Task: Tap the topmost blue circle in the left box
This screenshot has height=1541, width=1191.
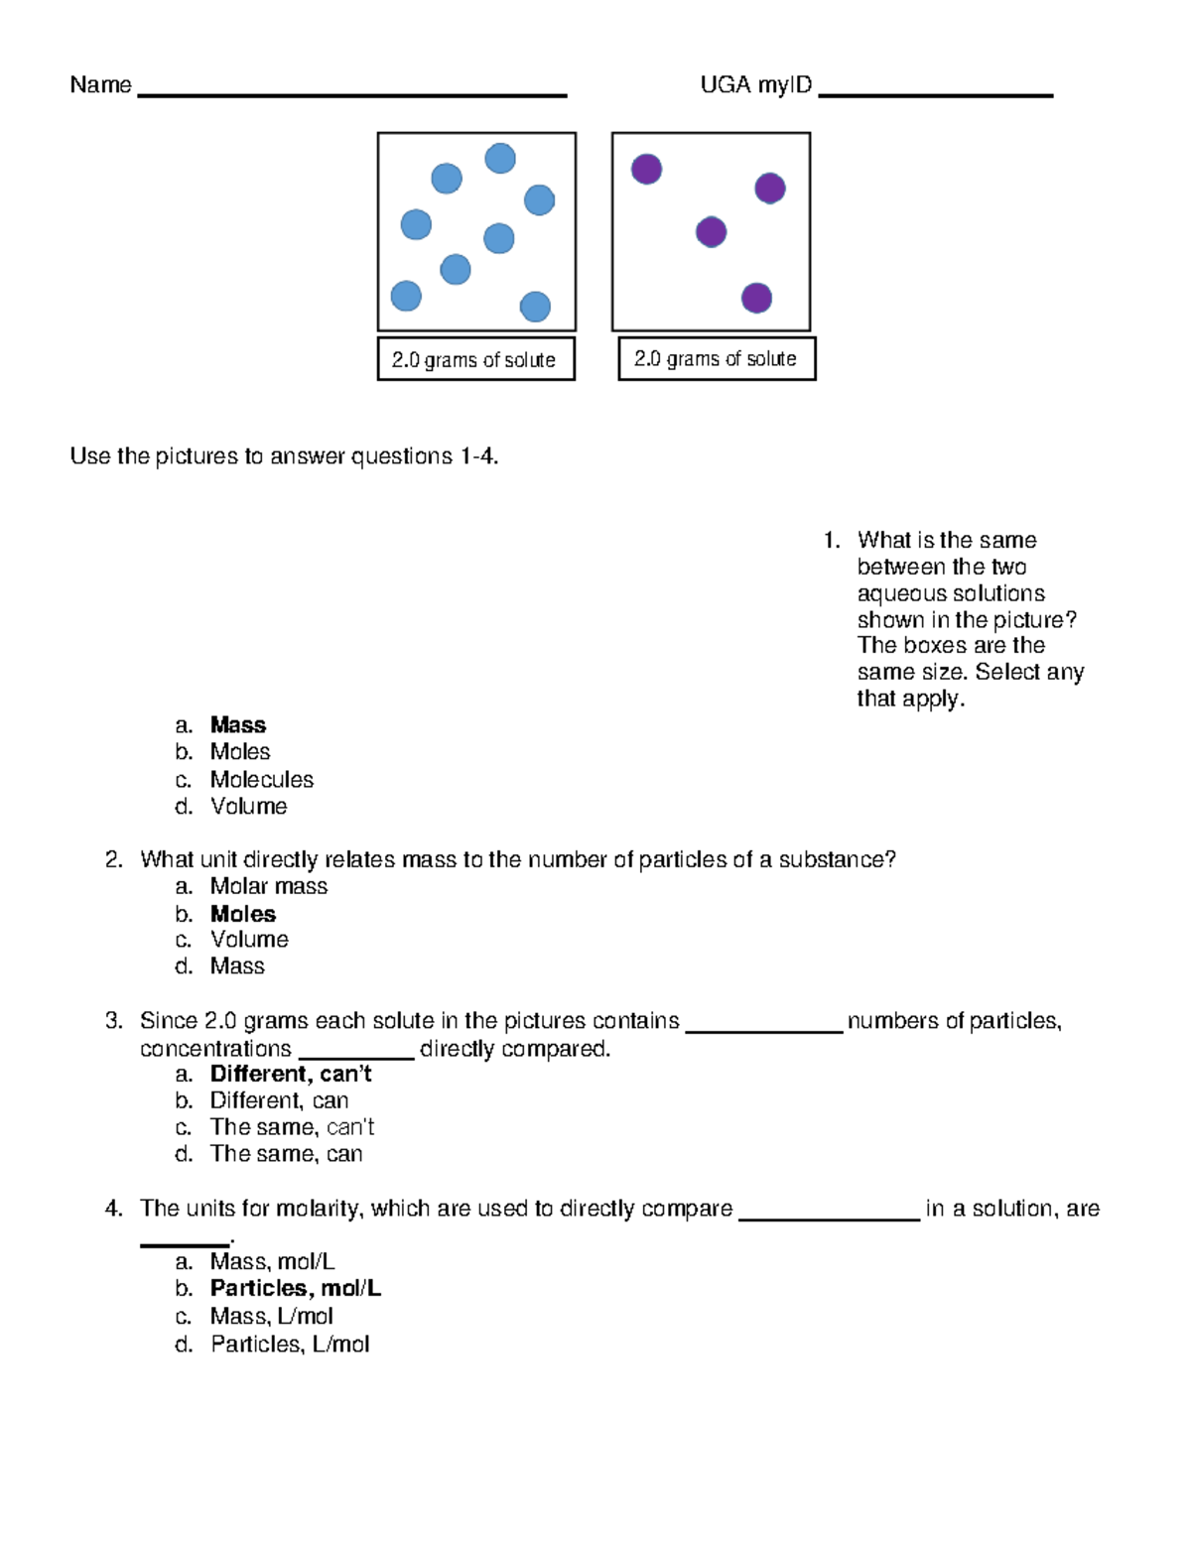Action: tap(500, 159)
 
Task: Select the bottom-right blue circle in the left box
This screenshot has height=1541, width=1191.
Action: tap(535, 307)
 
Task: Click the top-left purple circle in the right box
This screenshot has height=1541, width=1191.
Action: tap(647, 169)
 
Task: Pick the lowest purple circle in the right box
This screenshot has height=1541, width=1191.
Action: tap(756, 298)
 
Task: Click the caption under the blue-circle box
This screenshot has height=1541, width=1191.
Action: tap(475, 360)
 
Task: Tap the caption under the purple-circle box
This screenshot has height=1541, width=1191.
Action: tap(716, 359)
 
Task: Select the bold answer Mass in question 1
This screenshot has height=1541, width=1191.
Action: tap(238, 725)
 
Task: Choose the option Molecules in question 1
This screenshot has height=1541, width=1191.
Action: tap(262, 780)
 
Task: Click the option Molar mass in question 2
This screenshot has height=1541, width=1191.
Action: tap(269, 887)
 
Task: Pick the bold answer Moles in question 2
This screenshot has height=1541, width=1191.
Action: tap(243, 914)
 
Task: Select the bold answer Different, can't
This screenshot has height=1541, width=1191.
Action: tap(291, 1074)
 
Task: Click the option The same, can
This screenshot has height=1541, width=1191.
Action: tap(287, 1154)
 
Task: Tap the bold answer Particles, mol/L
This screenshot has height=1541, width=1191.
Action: tap(296, 1288)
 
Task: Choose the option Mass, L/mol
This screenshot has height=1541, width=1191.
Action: tap(272, 1317)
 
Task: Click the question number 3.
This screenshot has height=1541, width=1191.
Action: tap(113, 1021)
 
